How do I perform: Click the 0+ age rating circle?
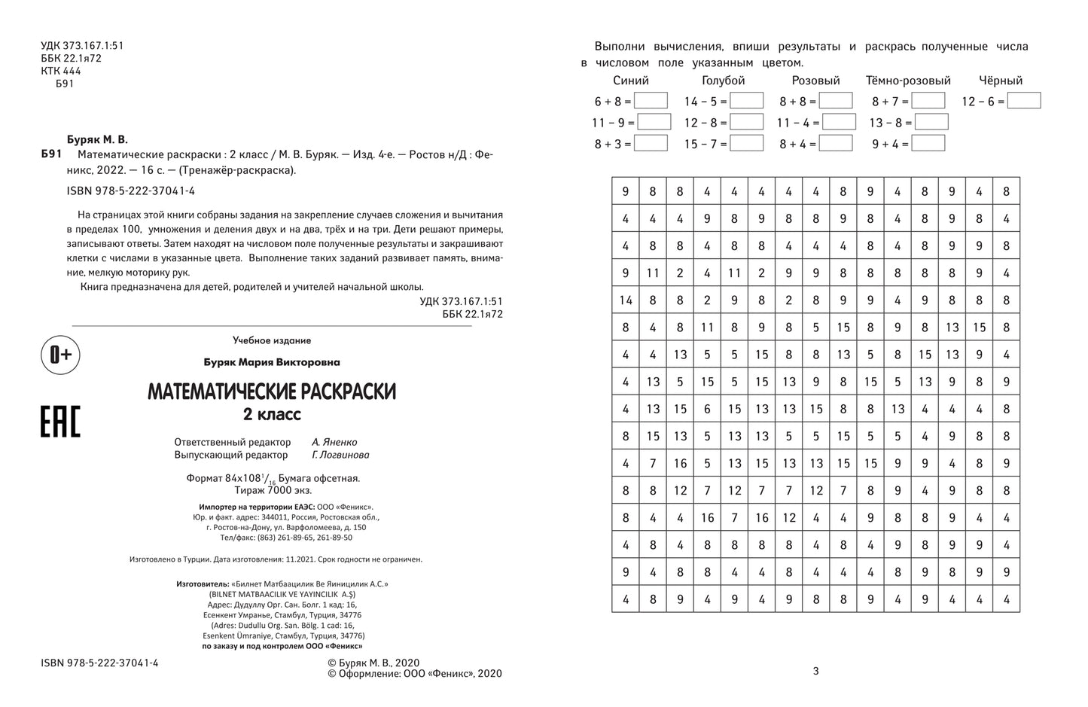60,355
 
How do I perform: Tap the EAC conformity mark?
60,421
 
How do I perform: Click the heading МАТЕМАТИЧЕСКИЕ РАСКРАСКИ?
272,392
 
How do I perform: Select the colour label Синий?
631,81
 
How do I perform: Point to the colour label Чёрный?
1001,81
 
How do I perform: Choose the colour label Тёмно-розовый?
908,81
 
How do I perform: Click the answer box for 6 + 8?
651,101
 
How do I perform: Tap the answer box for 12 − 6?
1024,101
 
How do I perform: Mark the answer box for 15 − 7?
746,143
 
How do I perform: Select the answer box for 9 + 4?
928,143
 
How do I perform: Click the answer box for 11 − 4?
839,122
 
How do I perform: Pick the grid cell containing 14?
626,300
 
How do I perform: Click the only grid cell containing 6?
707,410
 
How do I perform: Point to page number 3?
816,671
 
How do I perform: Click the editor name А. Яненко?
334,442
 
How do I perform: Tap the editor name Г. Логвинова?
340,455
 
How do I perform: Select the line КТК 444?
61,71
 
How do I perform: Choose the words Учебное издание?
272,340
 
